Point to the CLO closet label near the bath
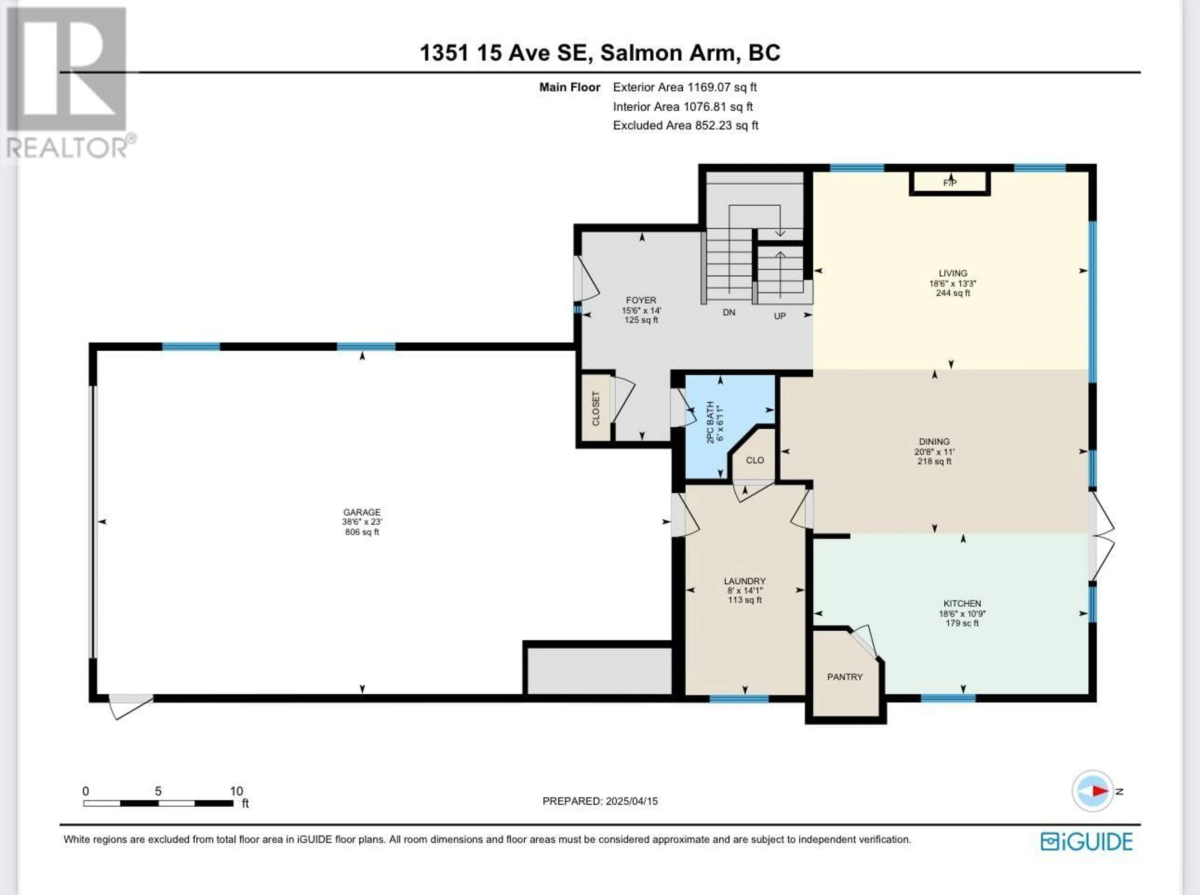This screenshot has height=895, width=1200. tap(755, 460)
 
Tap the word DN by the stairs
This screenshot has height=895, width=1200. tap(729, 312)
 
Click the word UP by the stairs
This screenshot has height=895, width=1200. tap(780, 316)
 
